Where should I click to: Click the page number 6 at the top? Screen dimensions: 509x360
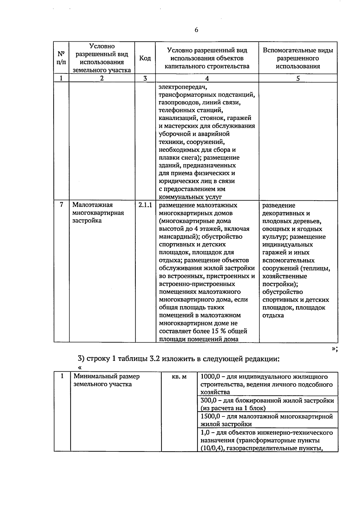coord(196,30)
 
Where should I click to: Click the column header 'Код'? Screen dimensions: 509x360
coord(145,58)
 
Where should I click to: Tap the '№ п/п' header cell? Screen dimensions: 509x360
coord(61,58)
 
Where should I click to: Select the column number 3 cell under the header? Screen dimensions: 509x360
coord(145,78)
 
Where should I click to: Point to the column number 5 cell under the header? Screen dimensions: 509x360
coord(298,78)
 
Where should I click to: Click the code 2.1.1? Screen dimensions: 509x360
coord(145,205)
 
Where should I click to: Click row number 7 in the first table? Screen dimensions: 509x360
coord(61,205)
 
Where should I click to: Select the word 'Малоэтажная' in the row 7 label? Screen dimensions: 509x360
coord(92,205)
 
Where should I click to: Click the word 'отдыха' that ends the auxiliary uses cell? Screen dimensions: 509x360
coord(273,315)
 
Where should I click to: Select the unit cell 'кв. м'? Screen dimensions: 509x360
coord(179,376)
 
